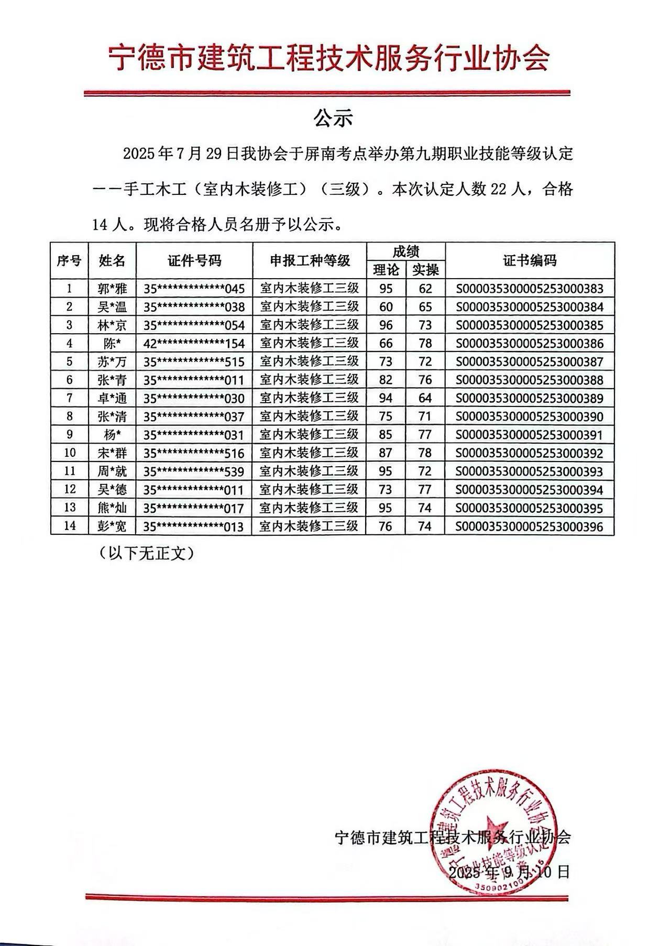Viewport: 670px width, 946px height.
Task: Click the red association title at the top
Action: click(329, 58)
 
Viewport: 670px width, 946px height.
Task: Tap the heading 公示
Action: click(333, 119)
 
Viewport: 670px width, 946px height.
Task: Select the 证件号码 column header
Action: click(194, 260)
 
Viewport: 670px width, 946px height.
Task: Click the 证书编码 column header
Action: click(530, 260)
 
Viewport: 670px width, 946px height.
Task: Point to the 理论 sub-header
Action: click(386, 270)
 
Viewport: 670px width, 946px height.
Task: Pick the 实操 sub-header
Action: click(425, 270)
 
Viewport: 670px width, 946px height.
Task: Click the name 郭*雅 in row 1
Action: click(112, 289)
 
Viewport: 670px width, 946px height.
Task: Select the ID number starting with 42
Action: click(194, 344)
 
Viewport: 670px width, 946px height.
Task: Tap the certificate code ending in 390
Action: click(530, 417)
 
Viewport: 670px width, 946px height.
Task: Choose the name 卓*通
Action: click(112, 399)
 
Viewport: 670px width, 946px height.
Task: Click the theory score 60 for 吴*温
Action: click(386, 307)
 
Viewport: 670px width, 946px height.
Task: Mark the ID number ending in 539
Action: click(194, 471)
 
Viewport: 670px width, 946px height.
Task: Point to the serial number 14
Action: click(70, 526)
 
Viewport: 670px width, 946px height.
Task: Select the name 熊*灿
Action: click(112, 508)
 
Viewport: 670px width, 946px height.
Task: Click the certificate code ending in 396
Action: click(530, 526)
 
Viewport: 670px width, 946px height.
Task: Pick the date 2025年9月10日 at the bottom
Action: click(509, 872)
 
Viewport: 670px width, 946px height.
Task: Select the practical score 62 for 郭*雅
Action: click(425, 289)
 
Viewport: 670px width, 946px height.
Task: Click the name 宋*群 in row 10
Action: click(112, 453)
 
